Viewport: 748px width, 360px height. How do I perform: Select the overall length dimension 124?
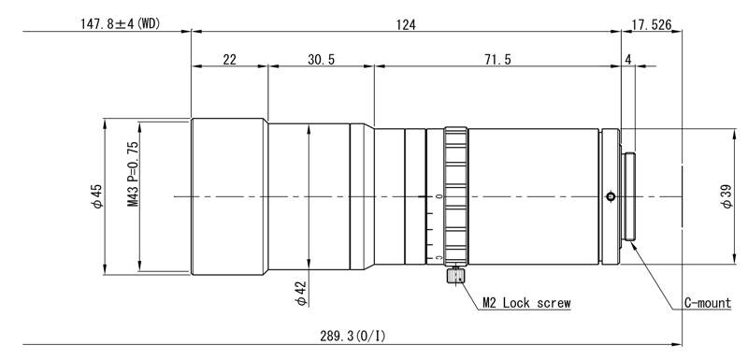tap(406, 24)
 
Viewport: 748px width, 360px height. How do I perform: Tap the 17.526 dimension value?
tap(651, 24)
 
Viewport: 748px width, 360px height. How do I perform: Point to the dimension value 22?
tap(229, 59)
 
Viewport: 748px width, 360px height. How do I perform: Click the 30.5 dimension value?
tap(321, 59)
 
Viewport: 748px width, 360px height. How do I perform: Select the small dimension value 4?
tap(627, 59)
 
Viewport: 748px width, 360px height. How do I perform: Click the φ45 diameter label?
tap(97, 195)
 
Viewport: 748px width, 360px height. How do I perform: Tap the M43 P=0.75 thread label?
tap(133, 174)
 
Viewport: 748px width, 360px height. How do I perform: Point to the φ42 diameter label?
tap(300, 294)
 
